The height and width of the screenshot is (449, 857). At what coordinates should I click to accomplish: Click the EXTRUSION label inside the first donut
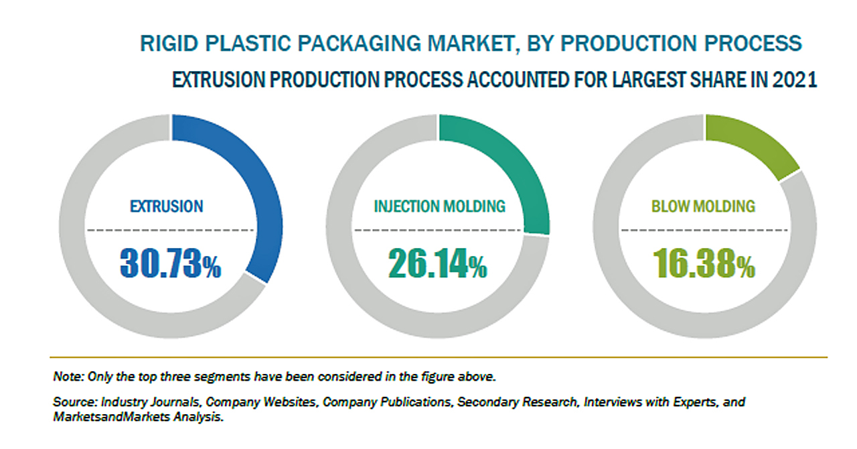tap(166, 206)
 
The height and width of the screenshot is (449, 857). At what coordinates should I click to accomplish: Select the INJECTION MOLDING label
tap(439, 206)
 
